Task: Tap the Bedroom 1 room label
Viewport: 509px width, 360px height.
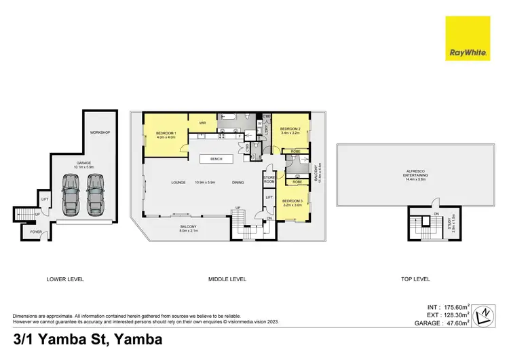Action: [x=166, y=133]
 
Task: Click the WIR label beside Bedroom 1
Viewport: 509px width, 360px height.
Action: [x=202, y=123]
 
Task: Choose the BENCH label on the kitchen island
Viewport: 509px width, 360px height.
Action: [x=216, y=159]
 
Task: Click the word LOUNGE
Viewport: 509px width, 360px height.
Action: [x=178, y=182]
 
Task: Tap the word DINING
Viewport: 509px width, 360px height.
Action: [x=238, y=182]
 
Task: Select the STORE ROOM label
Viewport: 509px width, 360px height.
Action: [x=269, y=179]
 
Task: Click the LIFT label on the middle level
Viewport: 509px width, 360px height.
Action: [x=269, y=198]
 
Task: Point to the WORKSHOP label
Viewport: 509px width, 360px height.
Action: [x=100, y=132]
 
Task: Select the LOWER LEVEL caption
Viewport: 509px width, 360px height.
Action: [x=64, y=279]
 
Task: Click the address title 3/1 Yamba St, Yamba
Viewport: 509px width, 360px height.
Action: [x=87, y=340]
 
